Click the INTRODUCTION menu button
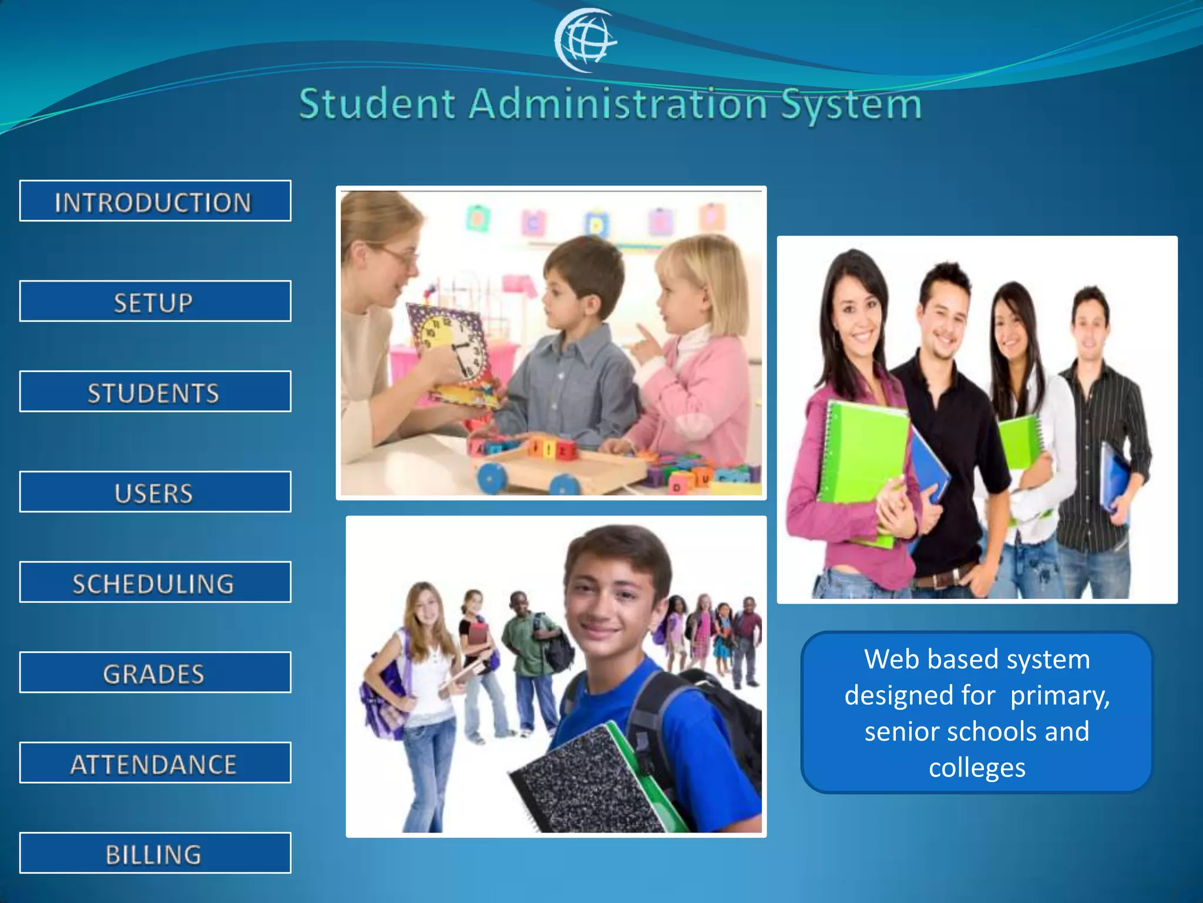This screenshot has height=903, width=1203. point(155,201)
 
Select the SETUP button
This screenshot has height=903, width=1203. point(155,302)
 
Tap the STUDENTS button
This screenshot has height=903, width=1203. point(155,392)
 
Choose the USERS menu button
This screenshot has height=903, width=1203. point(155,492)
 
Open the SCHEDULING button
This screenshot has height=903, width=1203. point(155,583)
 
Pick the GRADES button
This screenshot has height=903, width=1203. point(155,673)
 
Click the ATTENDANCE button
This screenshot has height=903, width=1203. point(155,763)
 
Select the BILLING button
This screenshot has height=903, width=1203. point(155,853)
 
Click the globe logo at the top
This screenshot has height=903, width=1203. point(585,41)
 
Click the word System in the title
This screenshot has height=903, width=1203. point(851,105)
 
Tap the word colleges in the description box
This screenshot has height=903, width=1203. point(977,768)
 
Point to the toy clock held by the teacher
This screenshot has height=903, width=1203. point(449,347)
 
